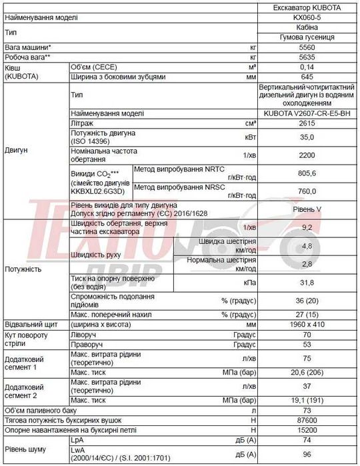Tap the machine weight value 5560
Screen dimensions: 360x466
307,49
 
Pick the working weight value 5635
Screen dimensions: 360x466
307,58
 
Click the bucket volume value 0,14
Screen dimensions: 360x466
307,67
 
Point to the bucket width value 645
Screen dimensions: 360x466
307,77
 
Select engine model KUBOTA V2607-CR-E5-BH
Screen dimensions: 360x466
307,114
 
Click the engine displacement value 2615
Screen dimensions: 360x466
307,124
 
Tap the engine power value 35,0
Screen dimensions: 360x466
307,137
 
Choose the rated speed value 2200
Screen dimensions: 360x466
307,155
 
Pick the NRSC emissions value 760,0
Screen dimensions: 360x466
307,191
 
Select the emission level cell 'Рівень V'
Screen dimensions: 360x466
307,209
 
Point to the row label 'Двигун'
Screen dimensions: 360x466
17,151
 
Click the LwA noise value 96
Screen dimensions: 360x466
307,455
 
